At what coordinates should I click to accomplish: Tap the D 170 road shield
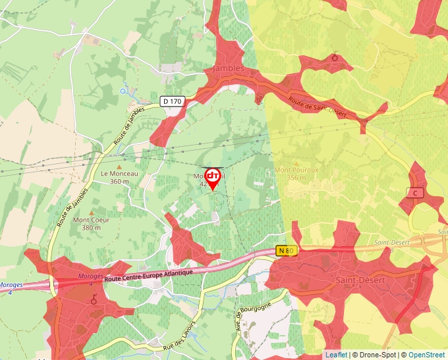tap(172, 101)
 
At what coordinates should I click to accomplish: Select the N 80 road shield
tap(287, 251)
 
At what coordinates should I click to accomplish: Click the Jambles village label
tap(229, 68)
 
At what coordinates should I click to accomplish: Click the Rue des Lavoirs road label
tap(183, 334)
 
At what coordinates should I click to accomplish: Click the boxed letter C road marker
tap(415, 193)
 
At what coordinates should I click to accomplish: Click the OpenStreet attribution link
tap(428, 355)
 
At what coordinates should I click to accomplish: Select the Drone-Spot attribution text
tap(379, 355)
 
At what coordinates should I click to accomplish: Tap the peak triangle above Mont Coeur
tap(91, 212)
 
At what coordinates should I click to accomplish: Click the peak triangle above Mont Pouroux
tap(294, 163)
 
